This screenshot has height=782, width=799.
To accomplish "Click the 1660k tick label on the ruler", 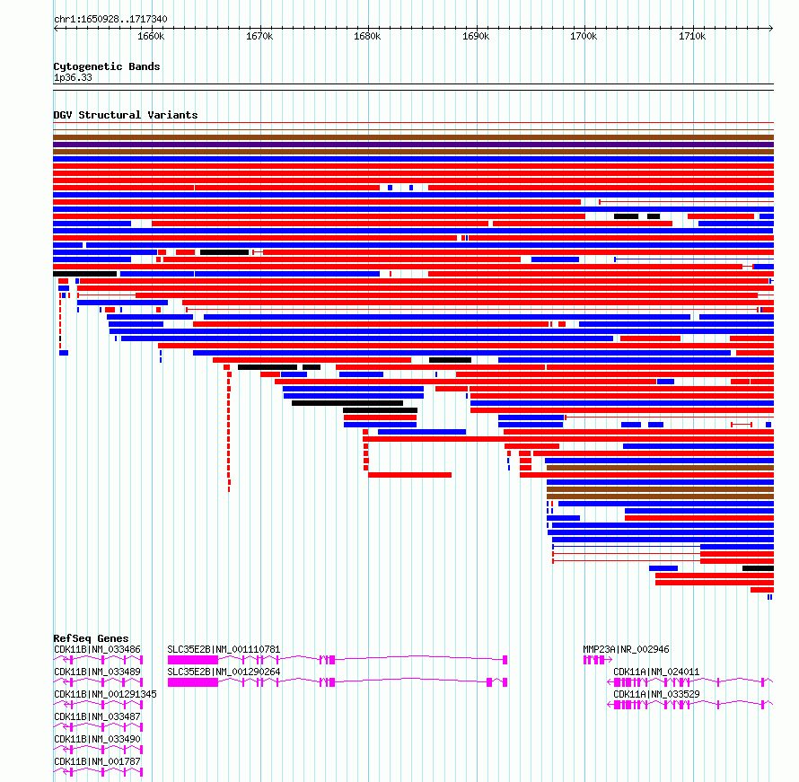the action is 151,37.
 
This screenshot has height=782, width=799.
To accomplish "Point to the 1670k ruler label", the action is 259,37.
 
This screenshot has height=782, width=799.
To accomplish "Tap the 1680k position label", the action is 367,37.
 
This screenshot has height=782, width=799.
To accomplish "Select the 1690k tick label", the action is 476,37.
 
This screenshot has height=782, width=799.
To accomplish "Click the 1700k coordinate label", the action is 584,37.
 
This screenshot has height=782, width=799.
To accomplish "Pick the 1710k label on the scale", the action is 692,37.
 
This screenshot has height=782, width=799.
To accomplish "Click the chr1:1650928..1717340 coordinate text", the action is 110,20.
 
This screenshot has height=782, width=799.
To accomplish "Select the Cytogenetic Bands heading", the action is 107,66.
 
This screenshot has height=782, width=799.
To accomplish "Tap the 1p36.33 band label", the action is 73,78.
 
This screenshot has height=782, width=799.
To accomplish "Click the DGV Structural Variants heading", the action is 126,115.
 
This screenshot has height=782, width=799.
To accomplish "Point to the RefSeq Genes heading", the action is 92,638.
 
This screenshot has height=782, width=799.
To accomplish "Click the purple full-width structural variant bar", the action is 413,145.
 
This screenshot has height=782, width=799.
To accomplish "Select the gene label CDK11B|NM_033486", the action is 97,649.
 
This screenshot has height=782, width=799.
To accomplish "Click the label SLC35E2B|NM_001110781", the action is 224,649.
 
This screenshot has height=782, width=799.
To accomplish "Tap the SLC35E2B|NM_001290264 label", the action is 224,672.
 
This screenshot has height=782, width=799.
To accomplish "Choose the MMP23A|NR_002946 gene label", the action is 627,649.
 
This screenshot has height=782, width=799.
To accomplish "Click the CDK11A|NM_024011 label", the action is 656,672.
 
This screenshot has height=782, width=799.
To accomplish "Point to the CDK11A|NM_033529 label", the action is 656,694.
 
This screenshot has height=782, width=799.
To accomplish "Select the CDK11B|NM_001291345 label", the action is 105,694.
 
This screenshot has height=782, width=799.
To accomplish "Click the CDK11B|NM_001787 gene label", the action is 97,761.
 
